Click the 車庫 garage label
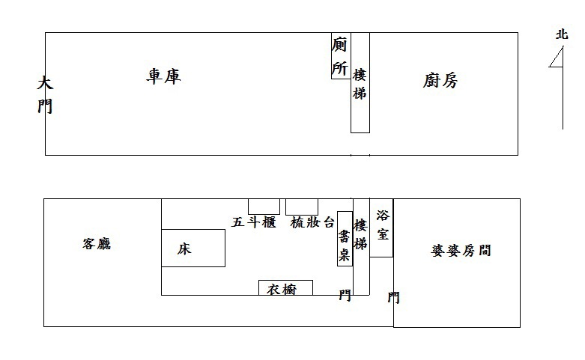(163, 76)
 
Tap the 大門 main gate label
(45, 94)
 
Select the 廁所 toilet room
(341, 55)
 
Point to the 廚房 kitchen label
(440, 81)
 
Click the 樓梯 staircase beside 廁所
(360, 82)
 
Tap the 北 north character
(562, 34)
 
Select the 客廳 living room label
(97, 244)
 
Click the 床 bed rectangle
(193, 248)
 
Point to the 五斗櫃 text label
(254, 222)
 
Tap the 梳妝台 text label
(312, 222)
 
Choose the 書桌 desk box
(345, 239)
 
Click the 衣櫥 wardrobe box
(286, 287)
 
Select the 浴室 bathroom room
(381, 228)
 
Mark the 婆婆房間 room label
(461, 251)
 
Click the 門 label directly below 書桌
(345, 295)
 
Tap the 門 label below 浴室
(393, 297)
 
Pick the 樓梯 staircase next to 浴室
(361, 247)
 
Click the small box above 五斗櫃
(264, 207)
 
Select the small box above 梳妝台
(302, 207)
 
